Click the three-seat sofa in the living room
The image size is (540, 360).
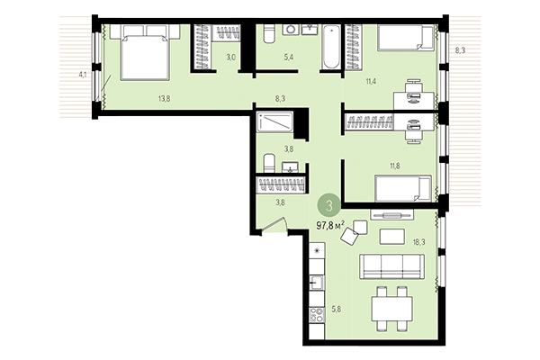tap(391, 267)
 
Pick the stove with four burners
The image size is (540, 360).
tap(317, 318)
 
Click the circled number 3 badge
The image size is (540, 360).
tap(330, 204)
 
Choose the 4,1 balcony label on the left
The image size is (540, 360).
tap(84, 74)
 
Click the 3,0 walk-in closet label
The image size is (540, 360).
tap(231, 58)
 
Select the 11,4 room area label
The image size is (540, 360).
tap(371, 82)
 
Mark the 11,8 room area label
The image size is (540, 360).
tap(371, 165)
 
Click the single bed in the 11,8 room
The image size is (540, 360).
tap(396, 188)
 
